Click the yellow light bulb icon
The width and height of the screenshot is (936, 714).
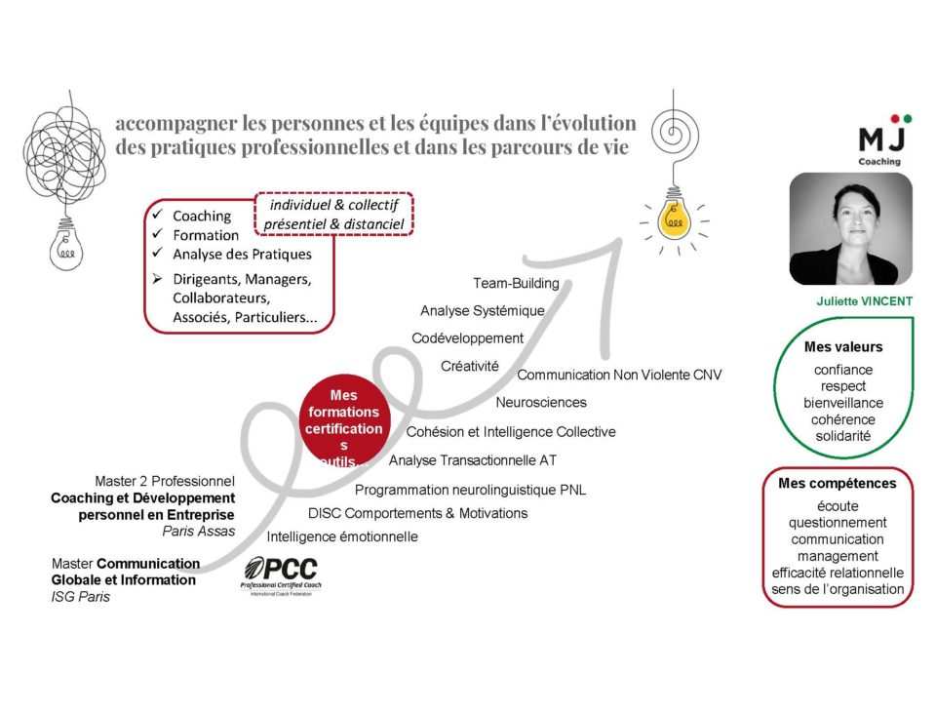tap(674, 220)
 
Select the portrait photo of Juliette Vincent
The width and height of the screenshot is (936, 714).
tap(850, 229)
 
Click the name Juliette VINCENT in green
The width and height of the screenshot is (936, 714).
tap(864, 301)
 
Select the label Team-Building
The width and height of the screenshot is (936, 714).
tap(516, 284)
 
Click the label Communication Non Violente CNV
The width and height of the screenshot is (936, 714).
tap(619, 376)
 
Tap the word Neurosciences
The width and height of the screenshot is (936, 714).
tap(540, 402)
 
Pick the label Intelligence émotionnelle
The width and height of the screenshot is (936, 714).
tap(342, 536)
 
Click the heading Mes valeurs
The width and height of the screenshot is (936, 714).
tap(842, 347)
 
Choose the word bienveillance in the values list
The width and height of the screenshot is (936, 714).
tap(842, 403)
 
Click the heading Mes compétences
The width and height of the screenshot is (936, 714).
tap(837, 484)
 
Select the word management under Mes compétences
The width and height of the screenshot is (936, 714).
tap(837, 556)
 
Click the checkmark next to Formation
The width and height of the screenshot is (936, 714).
tap(157, 235)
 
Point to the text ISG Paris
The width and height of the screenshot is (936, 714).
tap(81, 597)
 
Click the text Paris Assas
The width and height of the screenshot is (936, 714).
tap(199, 532)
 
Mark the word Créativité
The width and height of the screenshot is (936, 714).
tap(469, 366)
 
